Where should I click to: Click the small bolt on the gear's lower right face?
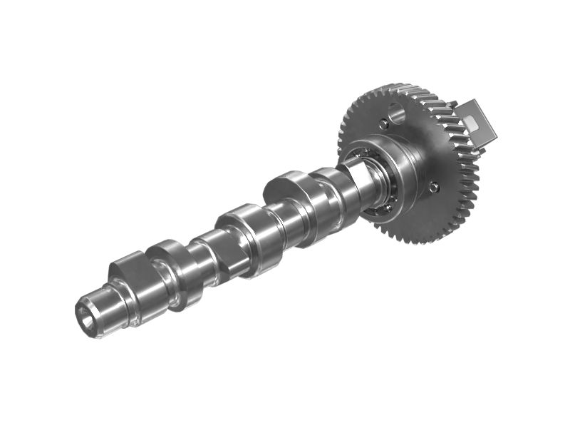point(434,187)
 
